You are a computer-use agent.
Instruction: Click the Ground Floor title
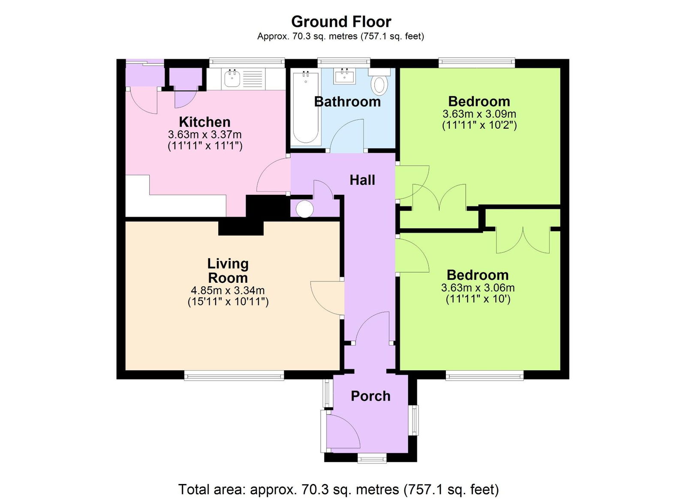[x=341, y=21]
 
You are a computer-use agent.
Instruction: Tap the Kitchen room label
[x=205, y=121]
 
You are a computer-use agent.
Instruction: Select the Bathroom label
[x=347, y=102]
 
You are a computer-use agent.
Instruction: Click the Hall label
[x=362, y=180]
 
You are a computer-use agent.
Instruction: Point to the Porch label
[x=370, y=396]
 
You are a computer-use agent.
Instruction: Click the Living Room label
[x=228, y=270]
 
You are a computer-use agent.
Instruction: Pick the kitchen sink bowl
[x=232, y=78]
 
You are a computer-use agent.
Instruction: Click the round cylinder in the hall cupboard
[x=305, y=209]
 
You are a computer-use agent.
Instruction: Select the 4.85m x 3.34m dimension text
[x=228, y=290]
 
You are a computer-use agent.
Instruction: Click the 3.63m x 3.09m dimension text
[x=479, y=114]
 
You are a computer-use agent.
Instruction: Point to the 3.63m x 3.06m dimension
[x=478, y=288]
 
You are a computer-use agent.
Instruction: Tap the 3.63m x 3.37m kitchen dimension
[x=205, y=134]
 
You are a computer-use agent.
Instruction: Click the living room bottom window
[x=234, y=375]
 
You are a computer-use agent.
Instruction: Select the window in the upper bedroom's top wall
[x=476, y=63]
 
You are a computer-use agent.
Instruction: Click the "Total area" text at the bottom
[x=338, y=489]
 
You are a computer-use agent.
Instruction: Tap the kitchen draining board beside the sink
[x=253, y=79]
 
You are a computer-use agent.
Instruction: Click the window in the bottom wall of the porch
[x=372, y=458]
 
